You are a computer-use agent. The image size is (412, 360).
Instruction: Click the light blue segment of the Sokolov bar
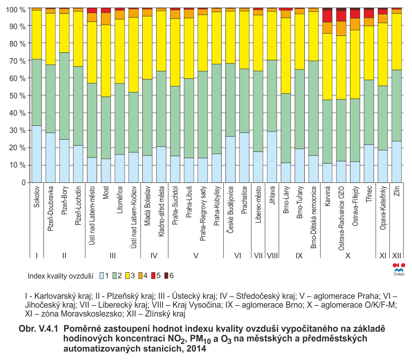coord(37,154)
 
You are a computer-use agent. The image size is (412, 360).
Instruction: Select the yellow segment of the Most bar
coord(106,61)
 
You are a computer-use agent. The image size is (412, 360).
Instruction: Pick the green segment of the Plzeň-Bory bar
coord(64,96)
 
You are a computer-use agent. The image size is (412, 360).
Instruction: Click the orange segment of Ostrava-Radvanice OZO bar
coord(342,28)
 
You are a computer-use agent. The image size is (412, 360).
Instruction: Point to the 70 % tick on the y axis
coord(28,61)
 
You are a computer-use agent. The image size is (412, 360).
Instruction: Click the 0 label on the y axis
coord(24,183)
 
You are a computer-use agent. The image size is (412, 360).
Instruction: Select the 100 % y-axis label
coord(16,10)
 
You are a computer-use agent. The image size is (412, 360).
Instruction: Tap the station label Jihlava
coord(272,195)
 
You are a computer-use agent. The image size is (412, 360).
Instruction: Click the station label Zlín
coord(397,191)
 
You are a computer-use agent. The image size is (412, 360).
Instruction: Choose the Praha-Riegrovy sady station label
coord(203,214)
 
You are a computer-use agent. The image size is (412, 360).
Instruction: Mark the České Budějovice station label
coord(230,210)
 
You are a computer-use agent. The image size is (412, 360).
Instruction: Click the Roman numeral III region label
coord(112,255)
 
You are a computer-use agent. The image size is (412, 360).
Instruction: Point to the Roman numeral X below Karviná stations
coord(348,255)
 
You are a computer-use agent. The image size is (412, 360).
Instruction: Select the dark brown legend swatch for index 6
coord(166,276)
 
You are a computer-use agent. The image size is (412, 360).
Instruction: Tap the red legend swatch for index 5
coord(154,276)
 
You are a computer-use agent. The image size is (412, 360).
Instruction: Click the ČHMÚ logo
coord(399,269)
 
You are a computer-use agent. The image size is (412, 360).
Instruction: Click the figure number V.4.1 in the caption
coord(48,329)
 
